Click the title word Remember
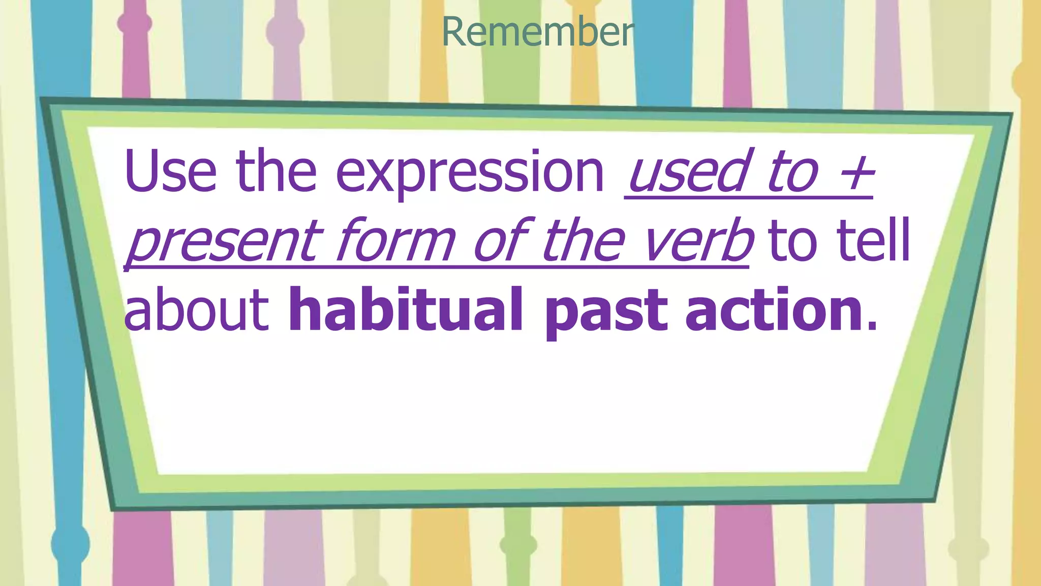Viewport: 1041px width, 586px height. [538, 32]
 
